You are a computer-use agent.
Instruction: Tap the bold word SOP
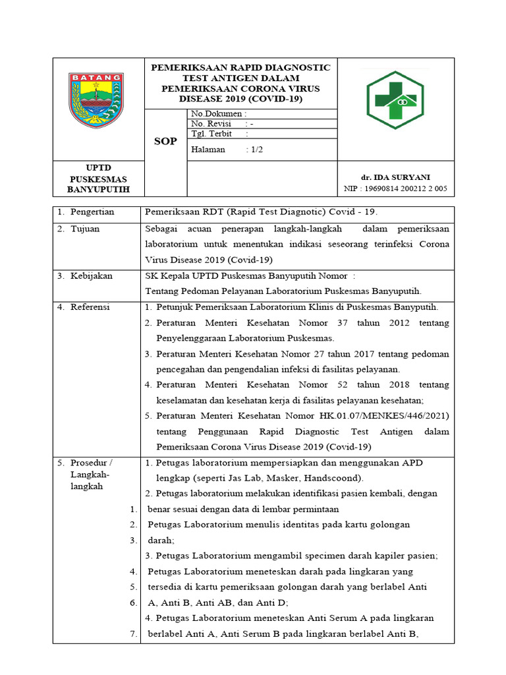click(165, 142)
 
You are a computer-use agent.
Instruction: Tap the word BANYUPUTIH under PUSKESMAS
click(98, 190)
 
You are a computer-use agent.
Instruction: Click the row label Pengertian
click(92, 212)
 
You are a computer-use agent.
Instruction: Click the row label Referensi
click(90, 307)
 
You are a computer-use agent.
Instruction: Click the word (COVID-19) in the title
click(277, 99)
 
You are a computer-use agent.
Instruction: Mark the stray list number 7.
click(132, 634)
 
